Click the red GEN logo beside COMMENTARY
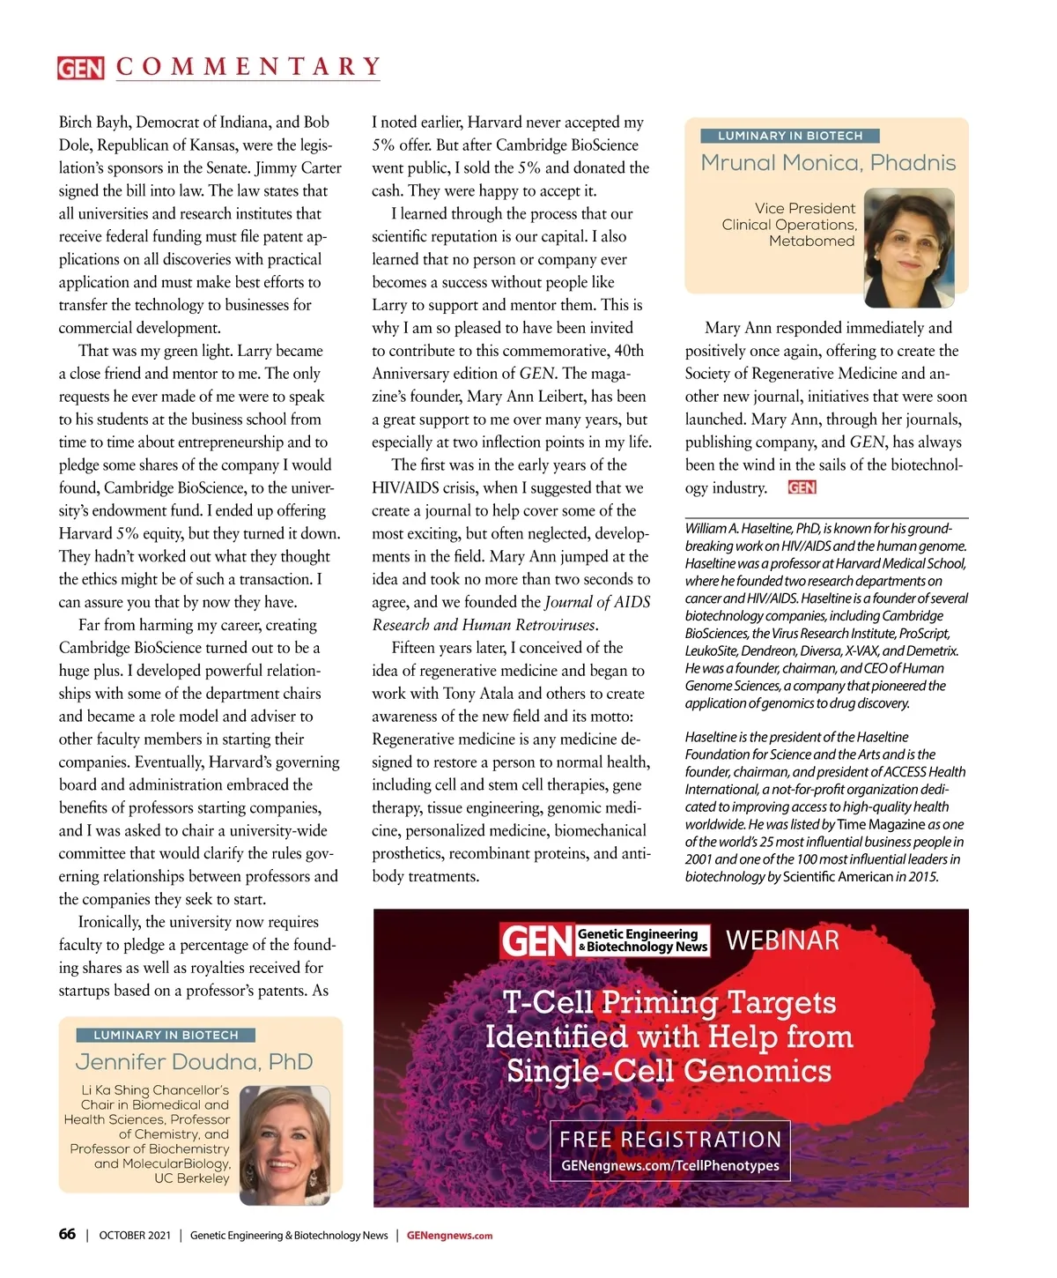pyautogui.click(x=80, y=68)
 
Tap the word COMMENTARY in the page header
pyautogui.click(x=248, y=67)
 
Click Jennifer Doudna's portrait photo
pyautogui.click(x=285, y=1145)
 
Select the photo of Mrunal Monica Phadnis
pyautogui.click(x=909, y=247)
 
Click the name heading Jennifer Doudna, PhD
pyautogui.click(x=194, y=1062)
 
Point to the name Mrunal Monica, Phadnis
pyautogui.click(x=828, y=163)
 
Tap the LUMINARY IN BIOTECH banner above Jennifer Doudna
pyautogui.click(x=166, y=1035)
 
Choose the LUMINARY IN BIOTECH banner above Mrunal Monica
pyautogui.click(x=790, y=136)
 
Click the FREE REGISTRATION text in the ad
pyautogui.click(x=670, y=1140)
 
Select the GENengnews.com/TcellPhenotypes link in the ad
pyautogui.click(x=670, y=1165)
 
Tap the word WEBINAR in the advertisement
pyautogui.click(x=782, y=940)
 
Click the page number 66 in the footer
pyautogui.click(x=67, y=1234)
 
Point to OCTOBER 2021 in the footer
pyautogui.click(x=135, y=1236)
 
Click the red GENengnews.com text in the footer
pyautogui.click(x=449, y=1236)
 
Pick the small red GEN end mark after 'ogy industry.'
pyautogui.click(x=802, y=487)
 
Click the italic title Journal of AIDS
pyautogui.click(x=597, y=602)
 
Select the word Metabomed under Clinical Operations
pyautogui.click(x=811, y=241)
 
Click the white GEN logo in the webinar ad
pyautogui.click(x=536, y=941)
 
